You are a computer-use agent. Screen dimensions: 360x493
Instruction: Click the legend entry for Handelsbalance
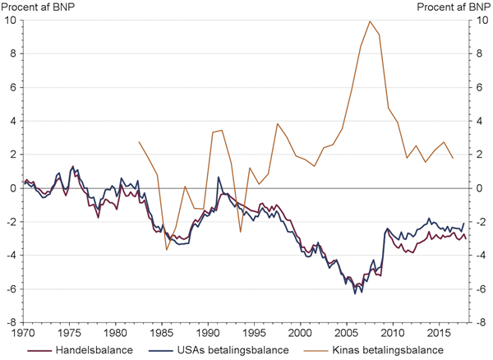pos(79,351)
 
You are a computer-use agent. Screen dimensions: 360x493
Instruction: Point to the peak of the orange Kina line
pos(370,21)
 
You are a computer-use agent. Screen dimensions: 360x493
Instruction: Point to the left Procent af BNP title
pos(37,7)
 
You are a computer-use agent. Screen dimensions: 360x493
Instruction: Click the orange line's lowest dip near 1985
pos(167,249)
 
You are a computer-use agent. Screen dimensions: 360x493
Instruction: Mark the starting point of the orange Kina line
pos(139,142)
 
